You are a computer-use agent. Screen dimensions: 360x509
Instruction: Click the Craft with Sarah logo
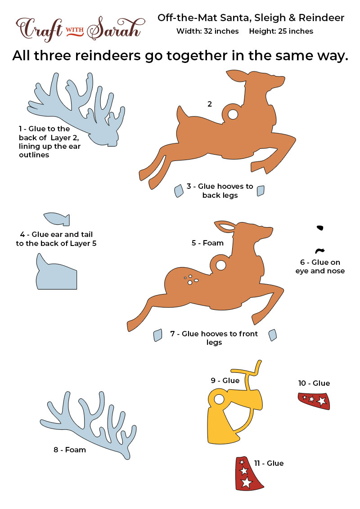(x=80, y=29)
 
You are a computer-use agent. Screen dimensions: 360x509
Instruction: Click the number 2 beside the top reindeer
(x=210, y=104)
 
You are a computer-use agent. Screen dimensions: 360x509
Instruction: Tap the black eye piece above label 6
(x=320, y=228)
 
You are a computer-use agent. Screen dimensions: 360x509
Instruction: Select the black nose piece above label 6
(x=319, y=250)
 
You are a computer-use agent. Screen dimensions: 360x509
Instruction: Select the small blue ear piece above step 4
(x=57, y=219)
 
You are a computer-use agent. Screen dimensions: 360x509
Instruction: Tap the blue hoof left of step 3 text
(x=179, y=191)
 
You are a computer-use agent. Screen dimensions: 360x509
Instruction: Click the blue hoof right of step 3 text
(x=261, y=191)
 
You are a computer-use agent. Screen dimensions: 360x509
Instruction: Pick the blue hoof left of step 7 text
(x=158, y=335)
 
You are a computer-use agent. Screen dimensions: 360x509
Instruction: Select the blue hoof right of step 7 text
(x=273, y=335)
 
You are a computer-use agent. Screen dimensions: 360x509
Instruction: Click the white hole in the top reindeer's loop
(x=233, y=114)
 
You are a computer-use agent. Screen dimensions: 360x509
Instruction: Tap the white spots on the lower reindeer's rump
(x=191, y=280)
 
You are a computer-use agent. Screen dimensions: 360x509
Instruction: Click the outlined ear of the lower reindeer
(x=225, y=226)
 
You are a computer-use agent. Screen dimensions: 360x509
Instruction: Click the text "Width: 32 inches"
(x=207, y=31)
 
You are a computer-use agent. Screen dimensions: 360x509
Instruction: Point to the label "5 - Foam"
(x=207, y=243)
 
